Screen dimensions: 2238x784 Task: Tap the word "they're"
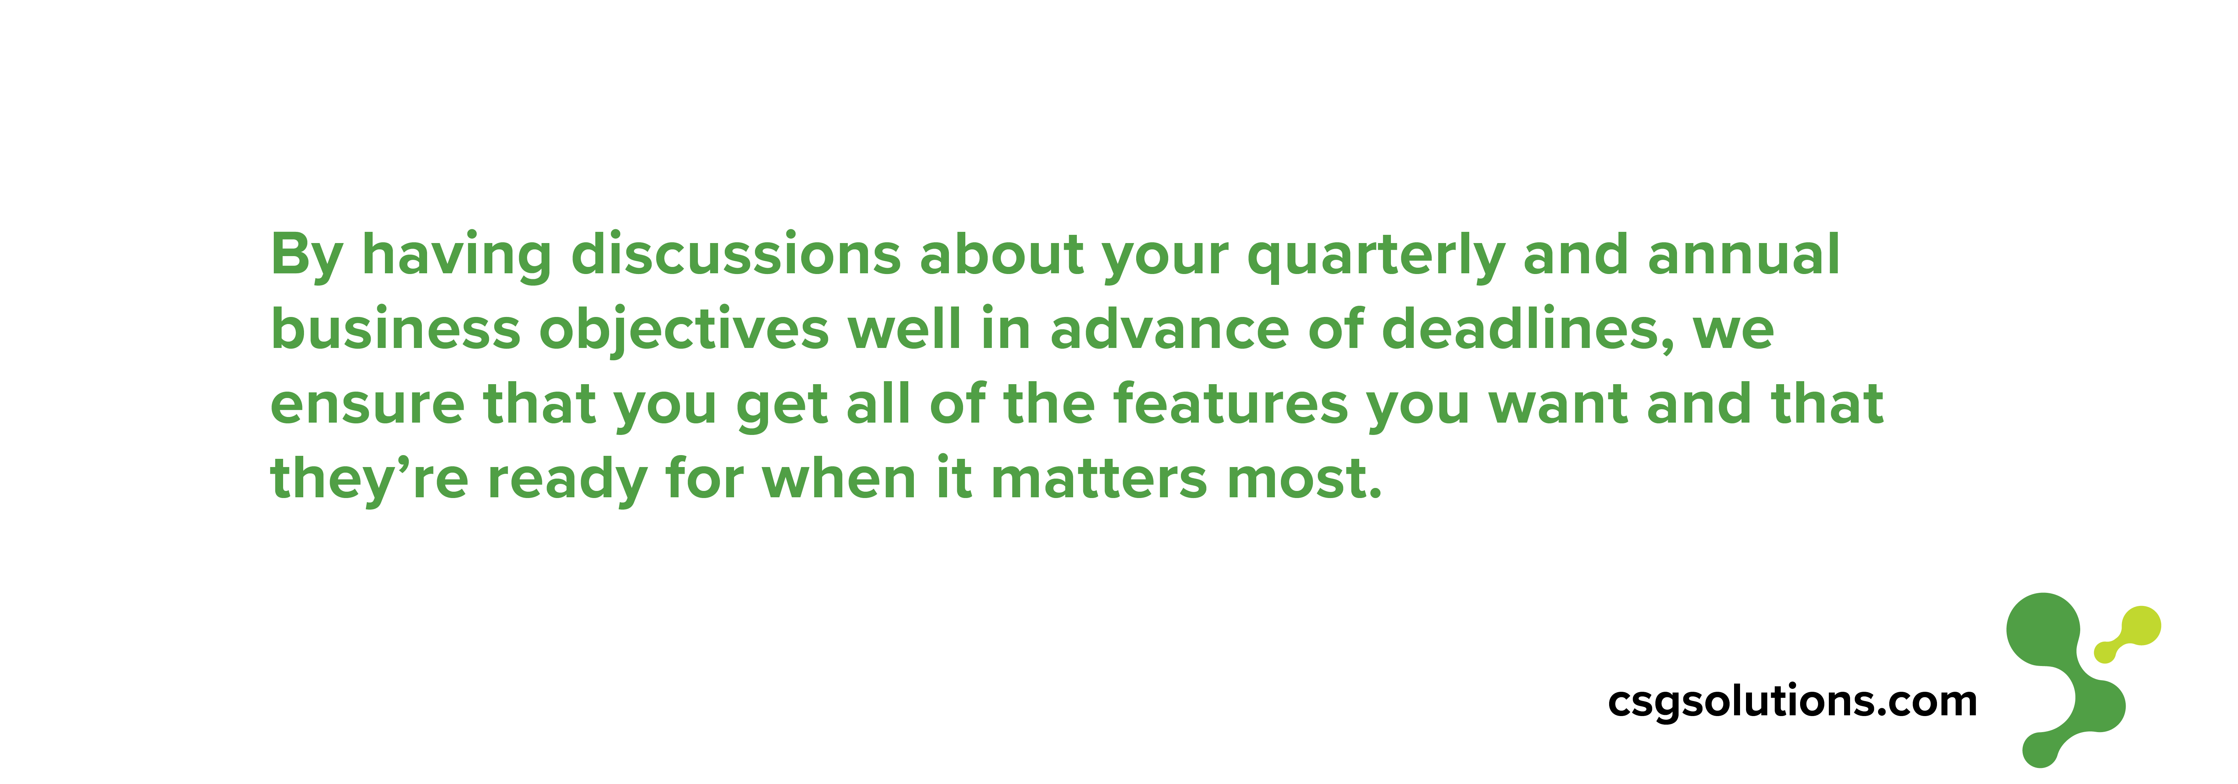tap(369, 479)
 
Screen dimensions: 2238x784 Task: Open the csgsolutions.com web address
tap(1792, 700)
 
